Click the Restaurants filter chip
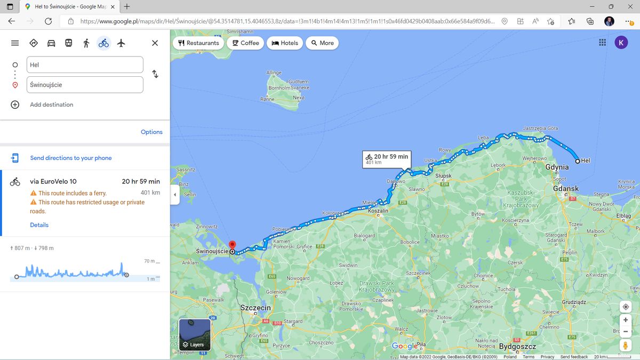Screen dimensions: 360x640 coord(198,43)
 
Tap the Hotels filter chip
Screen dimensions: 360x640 coord(285,43)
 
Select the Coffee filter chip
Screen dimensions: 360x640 coord(245,43)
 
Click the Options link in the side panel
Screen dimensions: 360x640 coord(151,132)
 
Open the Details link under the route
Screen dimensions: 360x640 coord(39,225)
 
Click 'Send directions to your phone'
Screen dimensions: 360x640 coord(71,158)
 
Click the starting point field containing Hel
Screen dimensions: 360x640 coord(85,65)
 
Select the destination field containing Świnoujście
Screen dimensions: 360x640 coord(85,84)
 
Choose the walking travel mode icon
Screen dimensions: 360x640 coord(86,43)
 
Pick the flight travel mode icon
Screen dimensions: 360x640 coord(121,43)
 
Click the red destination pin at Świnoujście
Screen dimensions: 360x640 coord(232,245)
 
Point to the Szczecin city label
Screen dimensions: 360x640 coord(256,308)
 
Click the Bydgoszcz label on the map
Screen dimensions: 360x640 coord(517,347)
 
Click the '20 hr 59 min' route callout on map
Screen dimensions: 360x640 coord(387,158)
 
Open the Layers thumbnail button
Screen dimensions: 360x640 coord(195,334)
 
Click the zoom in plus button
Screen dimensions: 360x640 coord(626,320)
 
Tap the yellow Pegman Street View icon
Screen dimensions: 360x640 coord(626,345)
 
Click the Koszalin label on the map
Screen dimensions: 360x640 coord(378,211)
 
